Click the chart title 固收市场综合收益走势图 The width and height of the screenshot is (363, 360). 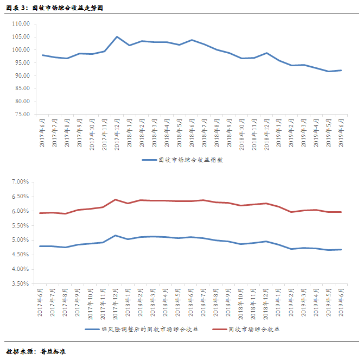pos(54,9)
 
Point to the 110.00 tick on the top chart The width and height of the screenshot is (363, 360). pos(23,24)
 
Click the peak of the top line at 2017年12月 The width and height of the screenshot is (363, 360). pos(117,37)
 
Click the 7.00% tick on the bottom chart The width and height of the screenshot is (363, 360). pos(20,181)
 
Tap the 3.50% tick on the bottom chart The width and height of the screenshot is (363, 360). pos(20,283)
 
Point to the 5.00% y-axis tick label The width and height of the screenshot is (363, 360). pos(20,240)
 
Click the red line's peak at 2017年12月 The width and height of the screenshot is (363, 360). pos(116,199)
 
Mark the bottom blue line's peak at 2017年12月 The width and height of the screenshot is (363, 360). pos(116,235)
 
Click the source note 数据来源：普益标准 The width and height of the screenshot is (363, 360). pos(36,351)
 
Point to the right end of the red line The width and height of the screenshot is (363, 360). pos(341,212)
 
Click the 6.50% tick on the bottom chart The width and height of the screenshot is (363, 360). pos(20,196)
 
